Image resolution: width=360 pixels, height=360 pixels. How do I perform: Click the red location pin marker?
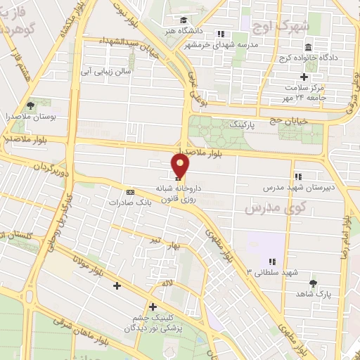(181, 167)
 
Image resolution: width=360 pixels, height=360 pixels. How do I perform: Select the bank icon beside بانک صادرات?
(130, 192)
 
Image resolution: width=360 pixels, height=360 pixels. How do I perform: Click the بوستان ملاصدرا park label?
(30, 115)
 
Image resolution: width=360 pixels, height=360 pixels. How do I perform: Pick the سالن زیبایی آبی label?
(106, 71)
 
